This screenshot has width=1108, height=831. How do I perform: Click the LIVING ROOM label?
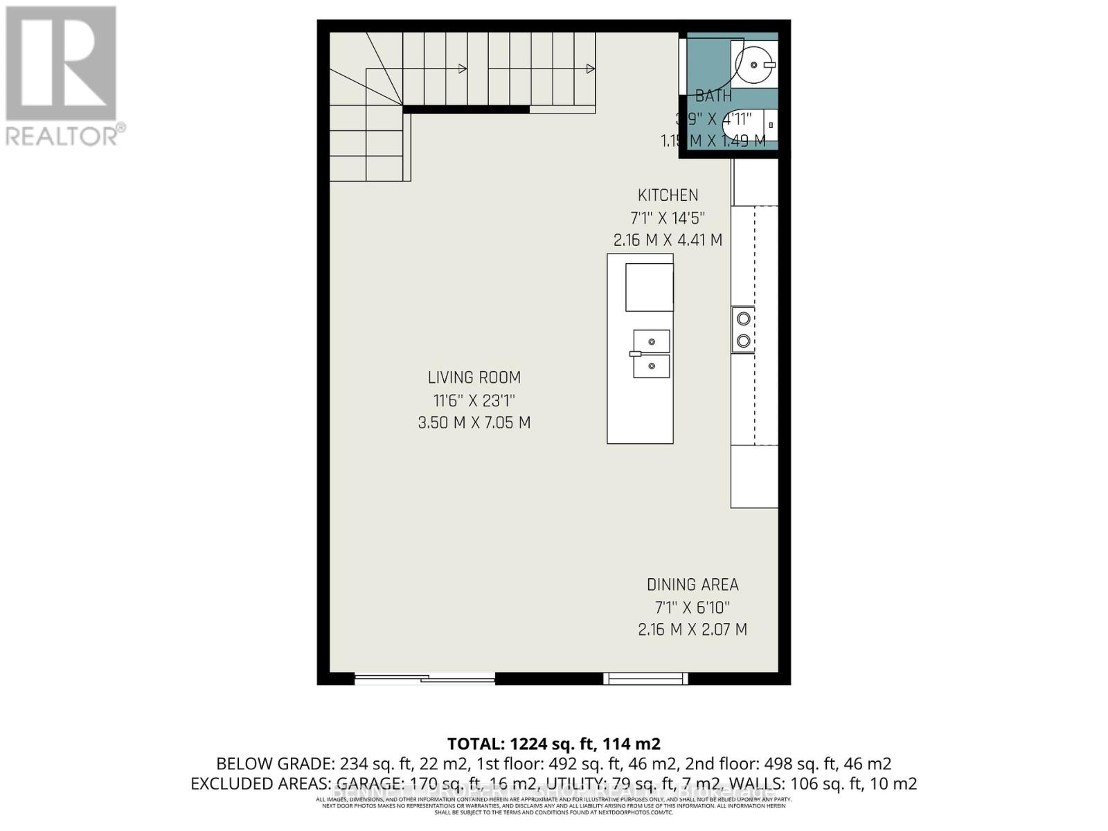pyautogui.click(x=474, y=377)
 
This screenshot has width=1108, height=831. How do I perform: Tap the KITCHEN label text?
pyautogui.click(x=668, y=195)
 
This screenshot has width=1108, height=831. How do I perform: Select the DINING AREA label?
pyautogui.click(x=692, y=584)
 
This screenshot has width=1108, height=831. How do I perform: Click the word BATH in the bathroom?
pyautogui.click(x=713, y=96)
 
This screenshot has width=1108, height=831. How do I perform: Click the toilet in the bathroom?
pyautogui.click(x=748, y=125)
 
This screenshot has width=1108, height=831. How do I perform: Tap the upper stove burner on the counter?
pyautogui.click(x=743, y=319)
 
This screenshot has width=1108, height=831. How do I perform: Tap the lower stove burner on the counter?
pyautogui.click(x=743, y=341)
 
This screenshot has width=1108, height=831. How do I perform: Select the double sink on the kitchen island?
pyautogui.click(x=651, y=354)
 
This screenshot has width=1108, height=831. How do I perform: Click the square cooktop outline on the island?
pyautogui.click(x=650, y=287)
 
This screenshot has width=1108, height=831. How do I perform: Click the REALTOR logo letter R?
pyautogui.click(x=61, y=64)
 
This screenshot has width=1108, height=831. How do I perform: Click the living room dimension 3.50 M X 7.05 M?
pyautogui.click(x=474, y=422)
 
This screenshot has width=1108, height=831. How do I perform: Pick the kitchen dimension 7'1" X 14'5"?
pyautogui.click(x=668, y=218)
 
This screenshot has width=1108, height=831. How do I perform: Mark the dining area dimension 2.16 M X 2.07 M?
pyautogui.click(x=692, y=629)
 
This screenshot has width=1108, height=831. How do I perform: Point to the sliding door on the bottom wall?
pyautogui.click(x=425, y=679)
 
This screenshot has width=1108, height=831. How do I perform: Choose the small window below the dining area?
pyautogui.click(x=645, y=679)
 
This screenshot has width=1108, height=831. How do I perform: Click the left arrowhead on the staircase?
pyautogui.click(x=463, y=69)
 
